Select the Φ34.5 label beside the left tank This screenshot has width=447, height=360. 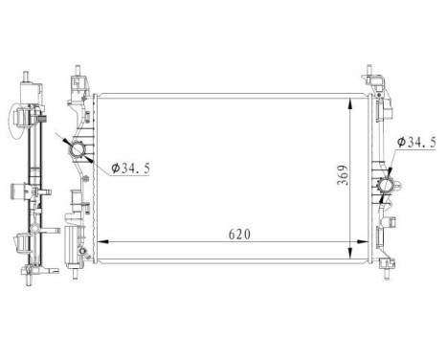pos(129,169)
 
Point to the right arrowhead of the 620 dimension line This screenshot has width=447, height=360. pos(364,243)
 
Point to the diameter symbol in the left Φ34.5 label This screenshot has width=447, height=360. pos(114,169)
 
